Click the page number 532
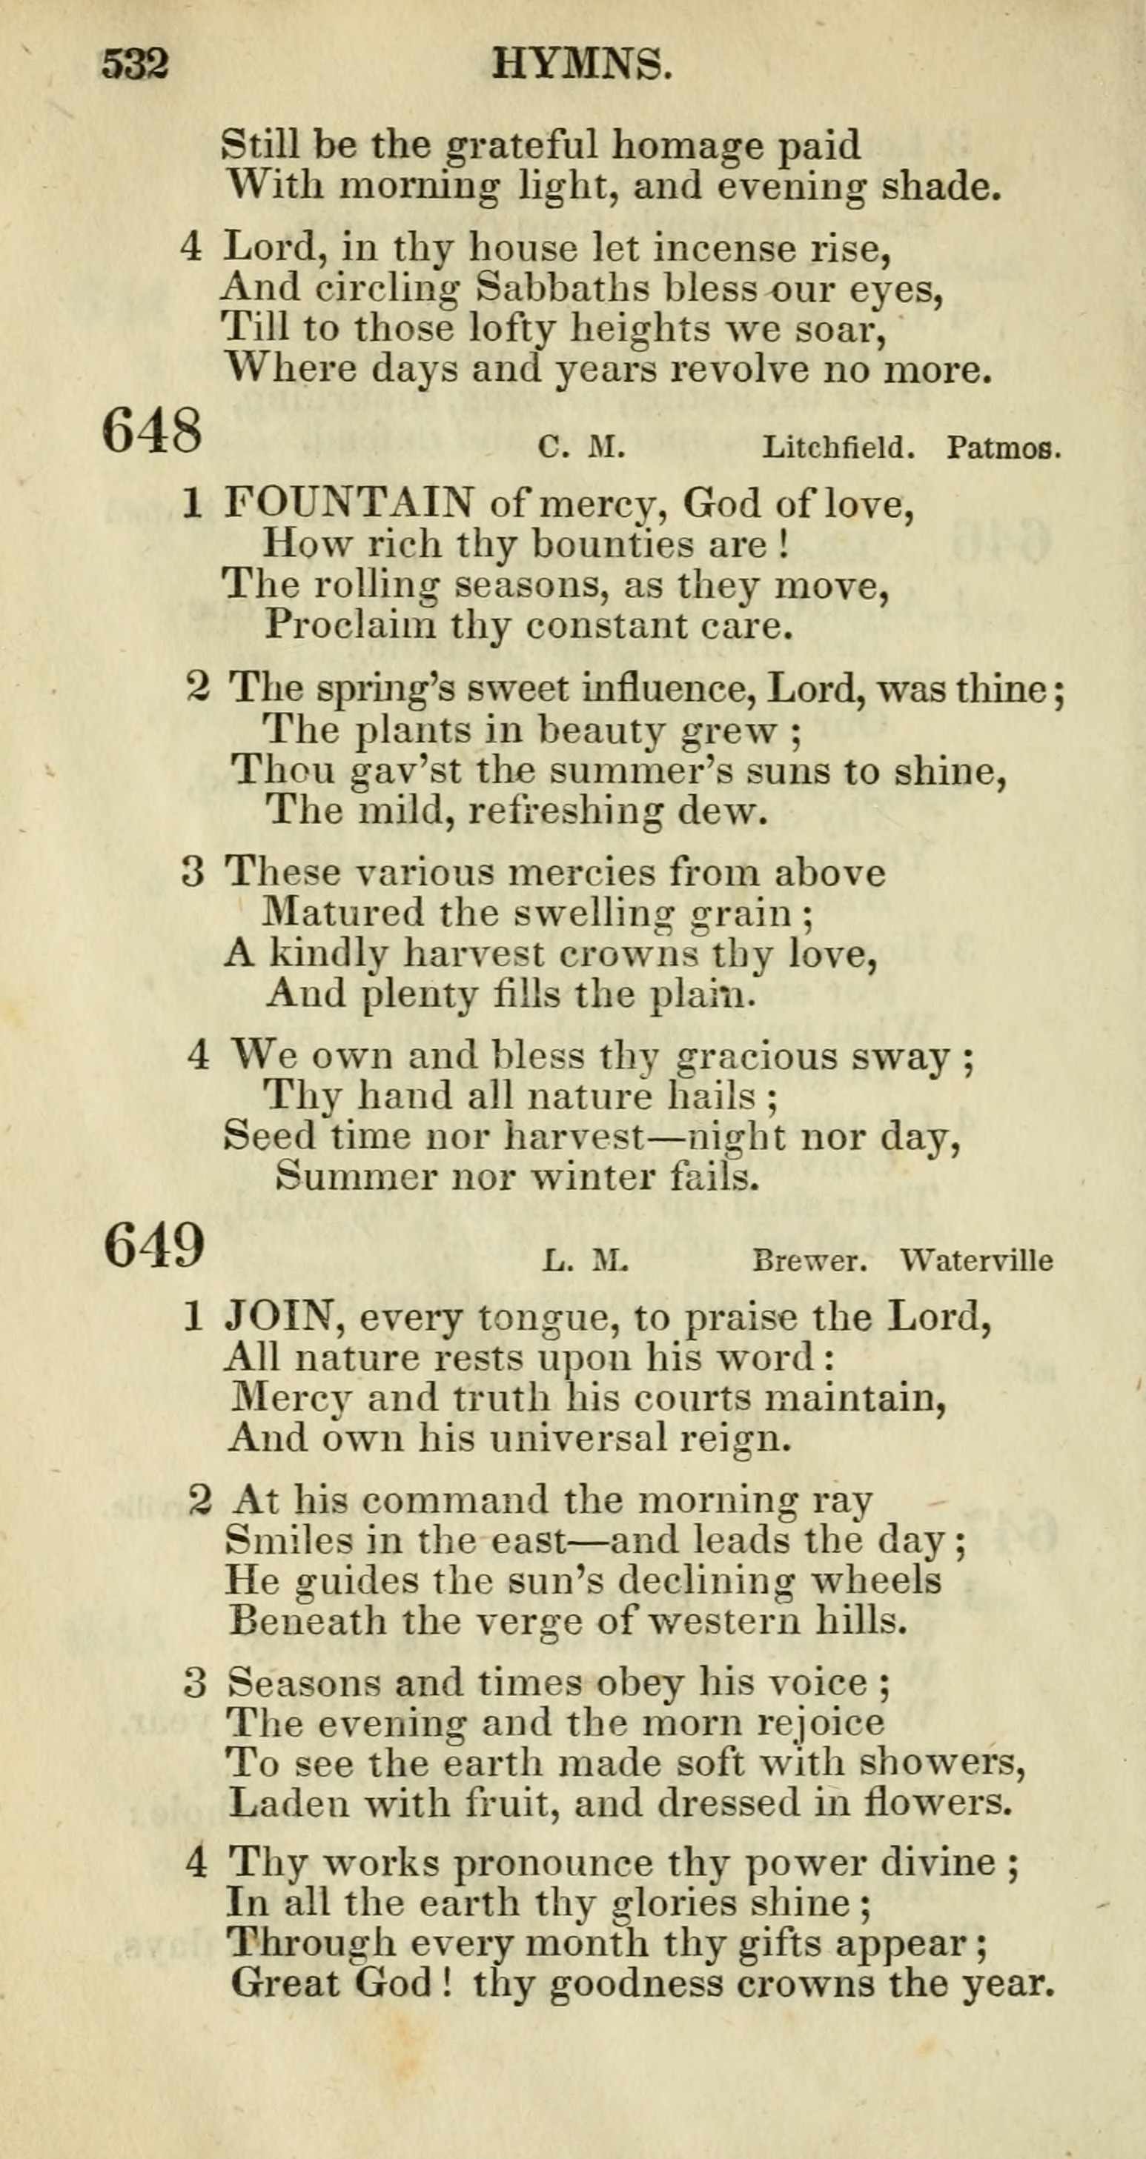pyautogui.click(x=136, y=64)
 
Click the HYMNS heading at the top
pyautogui.click(x=582, y=64)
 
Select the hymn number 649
pyautogui.click(x=154, y=1245)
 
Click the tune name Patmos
pyautogui.click(x=1004, y=449)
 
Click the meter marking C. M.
pyautogui.click(x=581, y=449)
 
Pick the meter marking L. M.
pyautogui.click(x=585, y=1260)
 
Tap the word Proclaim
pyautogui.click(x=351, y=626)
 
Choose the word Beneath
pyautogui.click(x=307, y=1620)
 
